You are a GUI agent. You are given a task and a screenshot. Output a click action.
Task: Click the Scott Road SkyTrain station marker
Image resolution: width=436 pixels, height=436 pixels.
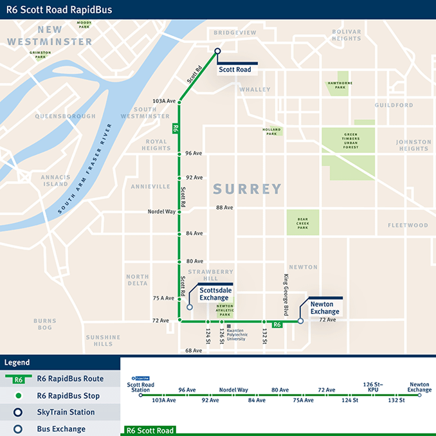[217, 51]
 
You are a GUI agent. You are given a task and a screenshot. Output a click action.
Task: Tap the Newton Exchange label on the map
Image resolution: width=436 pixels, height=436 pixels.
[325, 307]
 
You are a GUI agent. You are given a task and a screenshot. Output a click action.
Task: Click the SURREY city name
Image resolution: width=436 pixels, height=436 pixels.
[247, 189]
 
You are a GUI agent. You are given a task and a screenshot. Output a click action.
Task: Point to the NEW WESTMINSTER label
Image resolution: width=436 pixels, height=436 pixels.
[50, 36]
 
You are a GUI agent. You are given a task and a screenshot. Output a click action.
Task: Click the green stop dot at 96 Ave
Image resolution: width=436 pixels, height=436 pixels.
[179, 154]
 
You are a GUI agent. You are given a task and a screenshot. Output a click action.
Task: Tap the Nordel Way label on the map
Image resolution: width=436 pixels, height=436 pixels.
[161, 211]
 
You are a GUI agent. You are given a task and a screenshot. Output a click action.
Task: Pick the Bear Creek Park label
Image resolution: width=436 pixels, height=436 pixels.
[302, 223]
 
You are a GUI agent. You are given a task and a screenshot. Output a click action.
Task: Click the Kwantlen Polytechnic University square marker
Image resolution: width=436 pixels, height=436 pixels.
[228, 327]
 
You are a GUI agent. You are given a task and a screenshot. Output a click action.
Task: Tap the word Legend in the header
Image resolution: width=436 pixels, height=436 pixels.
[17, 363]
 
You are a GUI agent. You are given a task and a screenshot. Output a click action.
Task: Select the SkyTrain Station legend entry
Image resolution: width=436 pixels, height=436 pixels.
[66, 412]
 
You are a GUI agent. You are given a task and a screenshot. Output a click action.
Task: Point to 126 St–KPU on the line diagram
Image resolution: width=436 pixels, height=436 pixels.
[373, 385]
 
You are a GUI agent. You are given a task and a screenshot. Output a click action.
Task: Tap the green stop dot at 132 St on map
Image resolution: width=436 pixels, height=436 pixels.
[264, 322]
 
